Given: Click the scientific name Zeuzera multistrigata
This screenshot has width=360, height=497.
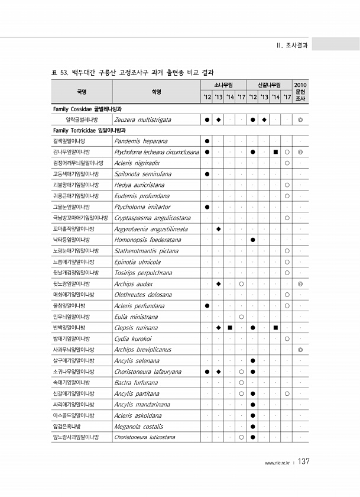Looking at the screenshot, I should pyautogui.click(x=142, y=120).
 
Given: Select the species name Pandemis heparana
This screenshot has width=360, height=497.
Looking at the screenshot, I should pyautogui.click(x=141, y=141).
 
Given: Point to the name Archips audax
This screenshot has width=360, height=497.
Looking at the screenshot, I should pyautogui.click(x=133, y=284).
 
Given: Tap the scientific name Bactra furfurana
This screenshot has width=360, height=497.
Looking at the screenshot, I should pyautogui.click(x=136, y=382).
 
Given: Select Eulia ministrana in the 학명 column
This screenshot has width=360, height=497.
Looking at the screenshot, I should pyautogui.click(x=136, y=317).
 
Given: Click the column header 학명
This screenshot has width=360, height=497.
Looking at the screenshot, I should pyautogui.click(x=156, y=92).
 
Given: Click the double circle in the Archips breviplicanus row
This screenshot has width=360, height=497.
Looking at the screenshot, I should pyautogui.click(x=300, y=350).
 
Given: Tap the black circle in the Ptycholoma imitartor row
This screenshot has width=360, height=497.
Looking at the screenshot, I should pyautogui.click(x=207, y=207).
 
